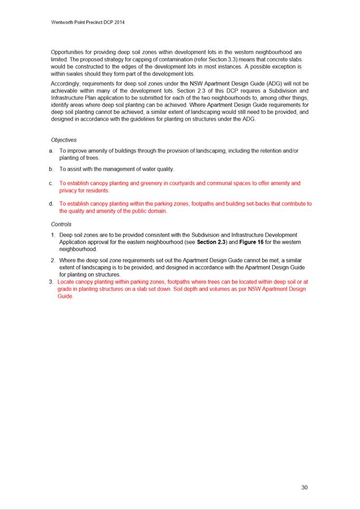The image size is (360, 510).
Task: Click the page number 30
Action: click(304, 487)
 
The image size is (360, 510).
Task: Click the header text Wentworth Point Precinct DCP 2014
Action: click(88, 23)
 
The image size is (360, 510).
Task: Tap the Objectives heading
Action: click(64, 140)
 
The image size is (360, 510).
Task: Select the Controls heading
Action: click(61, 224)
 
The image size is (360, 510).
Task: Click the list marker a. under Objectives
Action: click(51, 151)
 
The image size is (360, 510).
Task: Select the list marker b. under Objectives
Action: click(51, 169)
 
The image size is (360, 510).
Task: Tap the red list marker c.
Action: click(51, 184)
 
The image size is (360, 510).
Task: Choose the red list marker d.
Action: click(51, 204)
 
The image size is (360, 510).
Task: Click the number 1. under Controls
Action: click(53, 235)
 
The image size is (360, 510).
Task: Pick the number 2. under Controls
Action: click(53, 260)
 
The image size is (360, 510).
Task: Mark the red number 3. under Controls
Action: click(51, 282)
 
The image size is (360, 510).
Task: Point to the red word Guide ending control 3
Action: click(65, 297)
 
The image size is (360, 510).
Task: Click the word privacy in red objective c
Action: click(69, 191)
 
